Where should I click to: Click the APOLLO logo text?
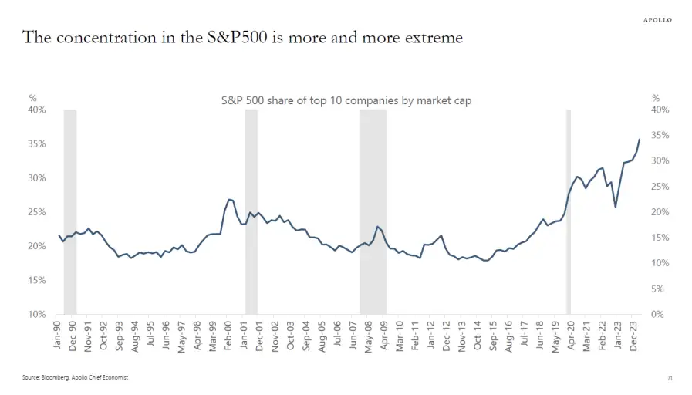(x=657, y=19)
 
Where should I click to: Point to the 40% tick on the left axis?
(x=37, y=110)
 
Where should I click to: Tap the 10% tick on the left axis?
(x=37, y=314)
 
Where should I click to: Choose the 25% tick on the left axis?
(x=37, y=212)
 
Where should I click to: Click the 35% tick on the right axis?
(x=660, y=136)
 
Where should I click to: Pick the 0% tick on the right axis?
(x=657, y=314)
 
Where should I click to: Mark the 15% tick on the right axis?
(x=660, y=238)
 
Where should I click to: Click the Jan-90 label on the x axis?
(x=58, y=335)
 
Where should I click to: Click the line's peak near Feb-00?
(x=229, y=199)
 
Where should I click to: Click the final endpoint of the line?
(x=640, y=139)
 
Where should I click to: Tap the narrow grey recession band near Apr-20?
(x=569, y=212)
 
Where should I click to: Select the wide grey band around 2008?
(x=373, y=212)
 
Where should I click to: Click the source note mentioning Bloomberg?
(x=74, y=377)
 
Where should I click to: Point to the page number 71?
(x=669, y=377)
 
